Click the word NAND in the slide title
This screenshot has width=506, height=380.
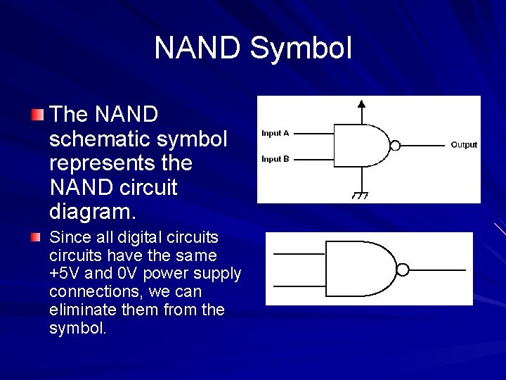click(198, 49)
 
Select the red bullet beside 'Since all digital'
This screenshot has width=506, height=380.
click(37, 238)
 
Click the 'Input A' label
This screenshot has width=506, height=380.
click(275, 133)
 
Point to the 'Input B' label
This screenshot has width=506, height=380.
click(275, 159)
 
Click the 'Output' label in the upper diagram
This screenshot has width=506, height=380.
click(464, 145)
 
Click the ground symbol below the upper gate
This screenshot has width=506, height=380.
click(361, 195)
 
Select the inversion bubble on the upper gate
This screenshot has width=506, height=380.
click(395, 146)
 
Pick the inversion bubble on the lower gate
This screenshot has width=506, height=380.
click(403, 270)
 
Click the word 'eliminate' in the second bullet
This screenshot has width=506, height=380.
click(79, 310)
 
